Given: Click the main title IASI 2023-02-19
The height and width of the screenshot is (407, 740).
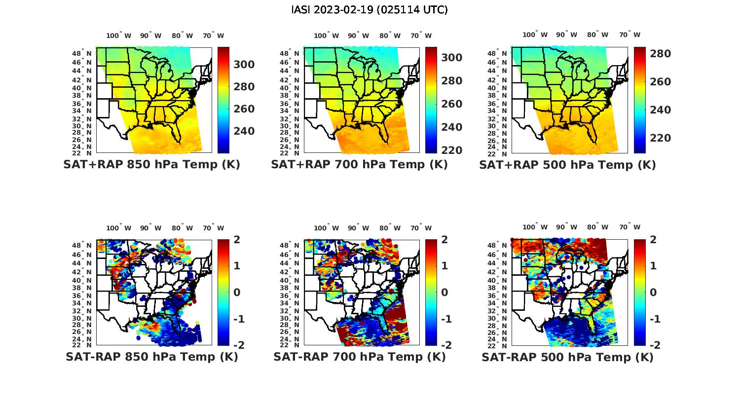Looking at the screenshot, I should [x=370, y=10].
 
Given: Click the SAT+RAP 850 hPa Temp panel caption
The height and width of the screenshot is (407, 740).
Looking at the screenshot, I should [x=151, y=165].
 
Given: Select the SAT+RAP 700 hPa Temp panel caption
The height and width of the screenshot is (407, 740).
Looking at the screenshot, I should [x=359, y=165].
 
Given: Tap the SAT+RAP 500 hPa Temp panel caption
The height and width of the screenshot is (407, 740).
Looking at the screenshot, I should [x=567, y=165].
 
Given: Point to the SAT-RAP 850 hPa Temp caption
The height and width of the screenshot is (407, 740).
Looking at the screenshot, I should [x=151, y=357].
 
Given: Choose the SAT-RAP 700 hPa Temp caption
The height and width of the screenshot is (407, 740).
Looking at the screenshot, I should [x=359, y=357].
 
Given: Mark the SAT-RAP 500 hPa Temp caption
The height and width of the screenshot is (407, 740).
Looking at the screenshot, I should [x=567, y=357].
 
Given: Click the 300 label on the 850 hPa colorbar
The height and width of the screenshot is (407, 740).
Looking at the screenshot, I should [x=244, y=65].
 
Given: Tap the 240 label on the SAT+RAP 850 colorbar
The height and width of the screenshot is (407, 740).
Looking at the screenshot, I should [x=244, y=131].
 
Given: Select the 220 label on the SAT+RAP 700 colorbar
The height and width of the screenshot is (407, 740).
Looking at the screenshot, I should [x=452, y=150].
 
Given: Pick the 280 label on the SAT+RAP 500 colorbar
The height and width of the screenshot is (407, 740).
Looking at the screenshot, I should [x=660, y=54].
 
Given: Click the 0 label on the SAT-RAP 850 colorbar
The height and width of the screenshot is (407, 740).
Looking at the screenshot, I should [x=237, y=292].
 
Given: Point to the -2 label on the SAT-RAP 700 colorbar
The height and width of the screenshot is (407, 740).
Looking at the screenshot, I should [x=445, y=345].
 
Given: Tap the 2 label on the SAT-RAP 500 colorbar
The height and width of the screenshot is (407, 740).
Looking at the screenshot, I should [x=654, y=240].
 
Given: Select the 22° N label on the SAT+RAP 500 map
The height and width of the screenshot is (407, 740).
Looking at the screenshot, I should [x=498, y=153].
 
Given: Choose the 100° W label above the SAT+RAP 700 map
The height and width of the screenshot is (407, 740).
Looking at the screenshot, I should [x=326, y=36].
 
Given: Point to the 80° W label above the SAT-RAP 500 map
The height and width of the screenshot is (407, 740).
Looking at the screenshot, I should [x=597, y=227].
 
